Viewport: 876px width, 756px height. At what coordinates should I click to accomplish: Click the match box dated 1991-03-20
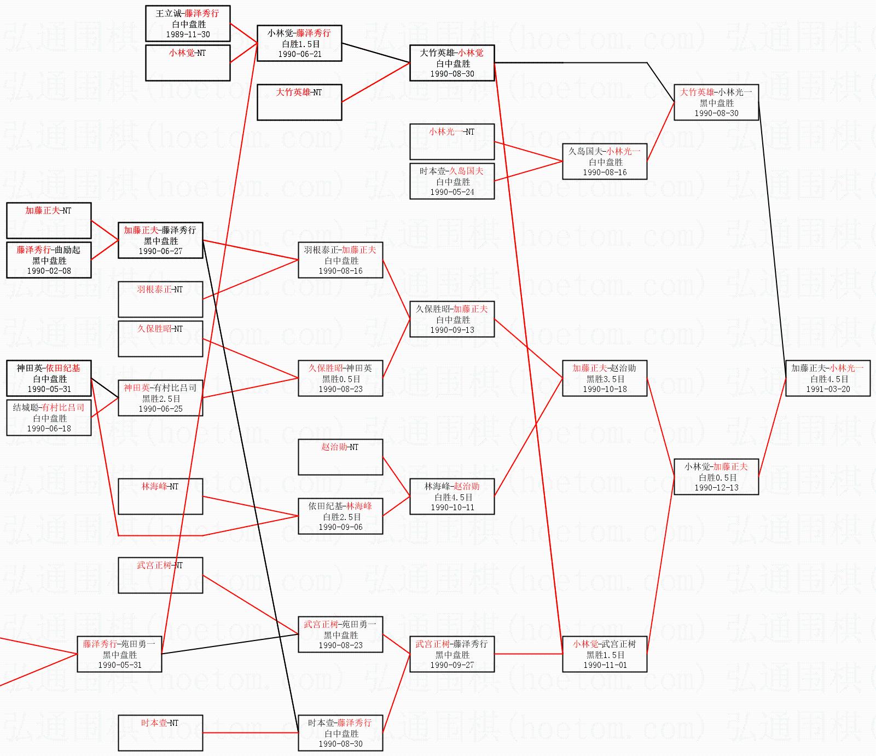click(827, 378)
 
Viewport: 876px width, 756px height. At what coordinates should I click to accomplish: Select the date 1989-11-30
click(188, 34)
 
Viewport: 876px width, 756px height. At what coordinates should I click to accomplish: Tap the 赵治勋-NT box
click(340, 457)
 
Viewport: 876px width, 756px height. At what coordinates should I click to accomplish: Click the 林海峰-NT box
click(160, 496)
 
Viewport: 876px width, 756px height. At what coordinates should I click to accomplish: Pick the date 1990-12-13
click(716, 488)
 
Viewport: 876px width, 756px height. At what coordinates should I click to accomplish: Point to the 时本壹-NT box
click(160, 732)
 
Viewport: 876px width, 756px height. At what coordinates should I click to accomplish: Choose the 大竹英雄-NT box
click(299, 102)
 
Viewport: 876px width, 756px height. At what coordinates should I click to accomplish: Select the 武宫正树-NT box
click(160, 575)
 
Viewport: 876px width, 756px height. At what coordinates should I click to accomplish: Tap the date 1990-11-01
click(605, 665)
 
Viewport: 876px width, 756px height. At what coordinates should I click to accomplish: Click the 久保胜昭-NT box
click(160, 338)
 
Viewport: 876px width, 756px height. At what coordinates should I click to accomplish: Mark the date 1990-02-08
click(49, 271)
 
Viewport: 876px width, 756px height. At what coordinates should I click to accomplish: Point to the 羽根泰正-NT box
click(160, 299)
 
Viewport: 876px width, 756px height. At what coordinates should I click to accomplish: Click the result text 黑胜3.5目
click(605, 379)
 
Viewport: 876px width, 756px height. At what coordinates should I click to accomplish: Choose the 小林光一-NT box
click(452, 141)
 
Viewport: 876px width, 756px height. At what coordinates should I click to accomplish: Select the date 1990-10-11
click(452, 507)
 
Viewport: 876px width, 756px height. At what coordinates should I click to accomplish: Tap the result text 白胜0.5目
click(717, 477)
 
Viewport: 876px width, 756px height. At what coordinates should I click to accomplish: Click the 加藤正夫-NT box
click(49, 220)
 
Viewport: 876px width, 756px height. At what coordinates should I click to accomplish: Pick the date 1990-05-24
click(452, 192)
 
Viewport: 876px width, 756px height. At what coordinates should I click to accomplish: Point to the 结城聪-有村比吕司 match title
click(49, 407)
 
